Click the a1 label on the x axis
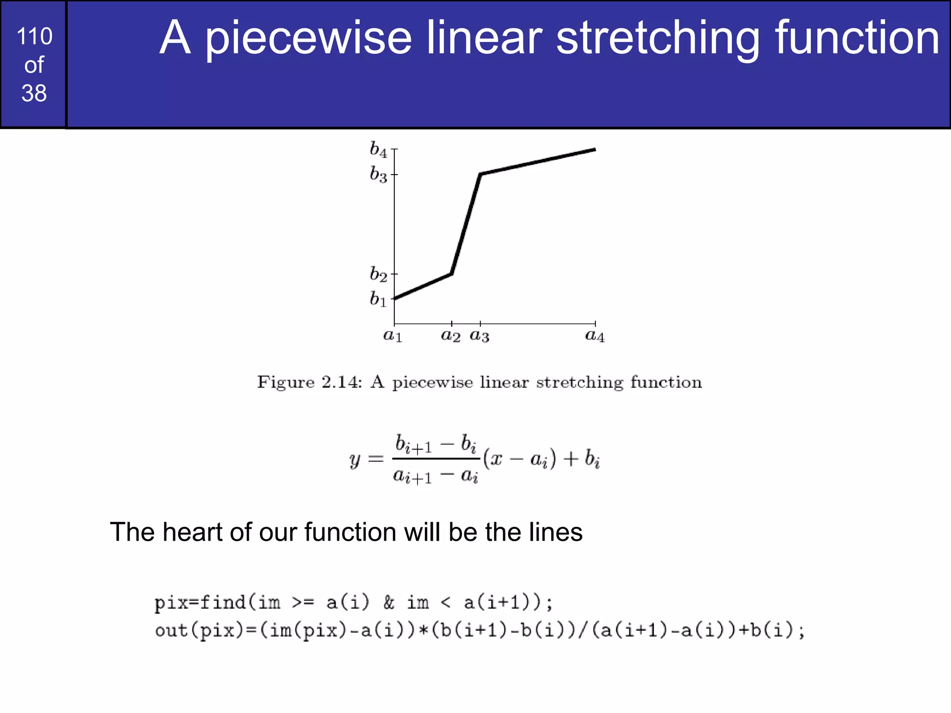[x=393, y=336]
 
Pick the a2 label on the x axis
[x=450, y=336]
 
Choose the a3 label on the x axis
[x=480, y=336]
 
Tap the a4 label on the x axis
[x=595, y=336]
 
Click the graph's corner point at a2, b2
[x=451, y=274]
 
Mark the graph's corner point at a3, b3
[x=480, y=175]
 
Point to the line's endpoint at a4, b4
[x=595, y=149]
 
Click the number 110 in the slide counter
[x=34, y=37]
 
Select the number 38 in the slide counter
[x=34, y=93]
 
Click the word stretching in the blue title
[x=658, y=38]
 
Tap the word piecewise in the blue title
[x=308, y=38]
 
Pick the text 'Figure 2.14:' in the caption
[x=309, y=382]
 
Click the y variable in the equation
[x=355, y=460]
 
